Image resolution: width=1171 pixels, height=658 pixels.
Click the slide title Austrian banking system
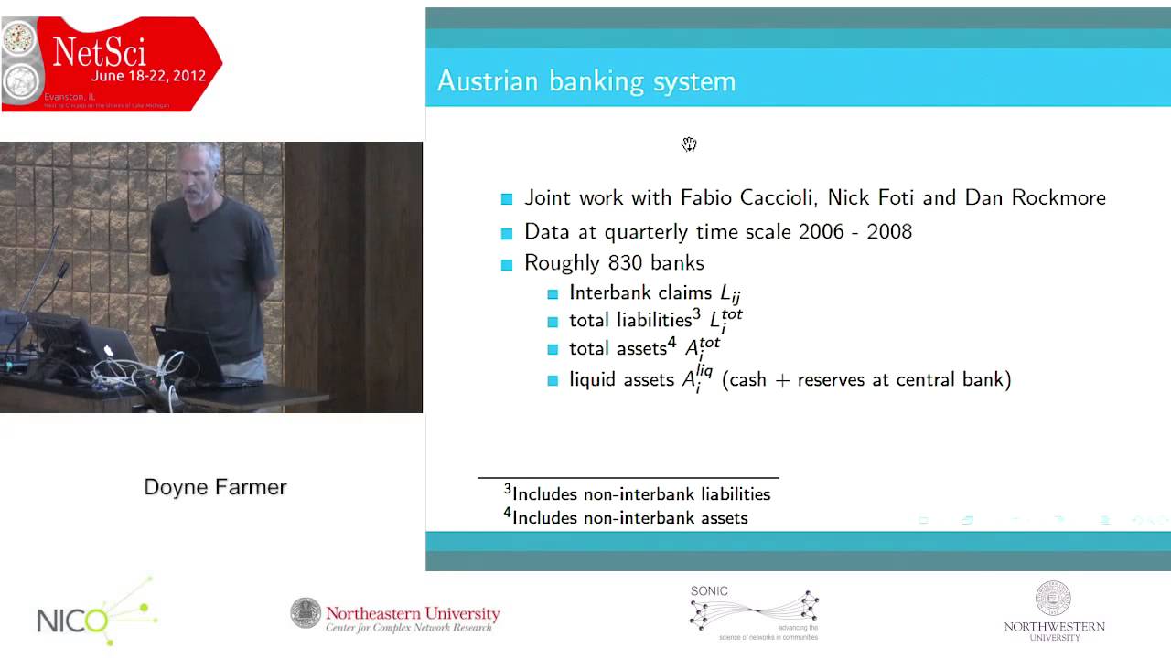pos(586,81)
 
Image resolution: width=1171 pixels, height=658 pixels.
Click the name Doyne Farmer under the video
pos(215,487)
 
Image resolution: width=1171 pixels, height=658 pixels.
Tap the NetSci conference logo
pos(111,64)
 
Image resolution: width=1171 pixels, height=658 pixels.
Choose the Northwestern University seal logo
pos(1053,599)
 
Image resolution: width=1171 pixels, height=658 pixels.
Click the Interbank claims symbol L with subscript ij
pos(729,293)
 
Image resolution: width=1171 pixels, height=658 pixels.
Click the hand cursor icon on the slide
pos(689,144)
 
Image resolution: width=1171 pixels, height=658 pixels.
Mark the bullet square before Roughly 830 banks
pos(507,265)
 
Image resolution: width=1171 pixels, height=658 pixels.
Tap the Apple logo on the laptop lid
pos(108,350)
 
